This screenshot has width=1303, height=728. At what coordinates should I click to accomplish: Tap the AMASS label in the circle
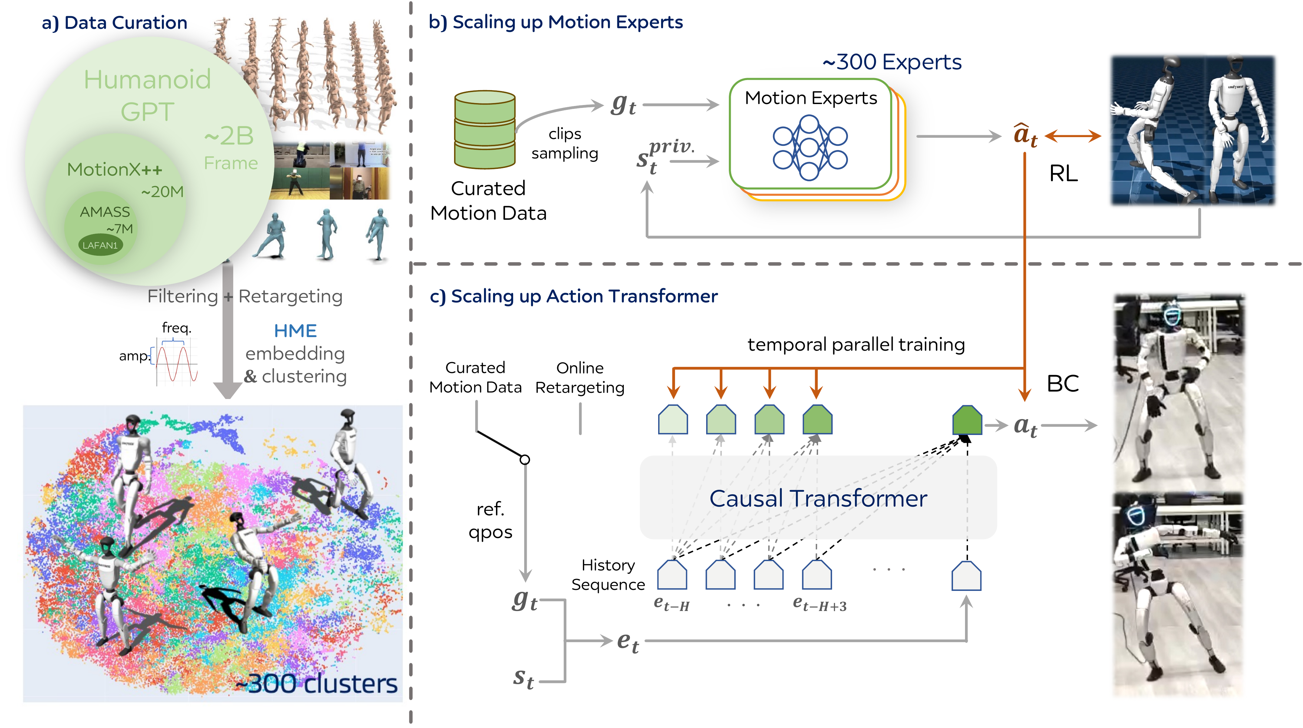(105, 212)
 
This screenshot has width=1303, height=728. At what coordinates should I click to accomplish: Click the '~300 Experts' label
(892, 62)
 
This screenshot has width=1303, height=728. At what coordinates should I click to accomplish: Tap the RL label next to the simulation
(1063, 173)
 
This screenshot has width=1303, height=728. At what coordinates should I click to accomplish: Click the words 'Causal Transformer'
(818, 499)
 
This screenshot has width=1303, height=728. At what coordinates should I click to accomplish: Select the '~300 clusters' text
(317, 684)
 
